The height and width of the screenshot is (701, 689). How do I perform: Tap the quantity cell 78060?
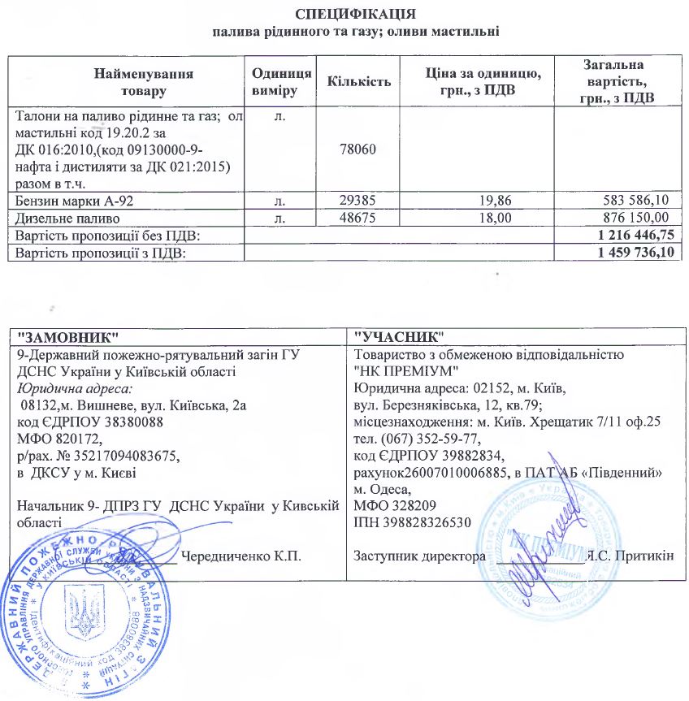[x=358, y=151]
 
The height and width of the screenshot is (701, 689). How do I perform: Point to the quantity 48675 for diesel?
[x=358, y=219]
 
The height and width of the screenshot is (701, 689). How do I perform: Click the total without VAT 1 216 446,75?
[x=630, y=235]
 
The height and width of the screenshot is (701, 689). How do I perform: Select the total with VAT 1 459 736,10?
[x=630, y=253]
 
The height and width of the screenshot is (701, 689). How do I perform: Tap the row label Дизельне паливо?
[x=68, y=219]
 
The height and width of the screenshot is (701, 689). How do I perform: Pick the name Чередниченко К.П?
[x=241, y=556]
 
